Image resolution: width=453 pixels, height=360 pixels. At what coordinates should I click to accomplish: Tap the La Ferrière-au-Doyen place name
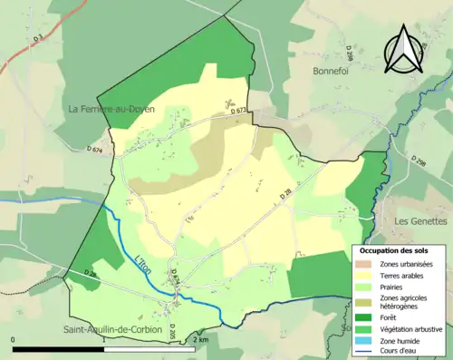(112, 109)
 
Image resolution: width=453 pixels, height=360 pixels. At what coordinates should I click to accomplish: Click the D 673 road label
(238, 110)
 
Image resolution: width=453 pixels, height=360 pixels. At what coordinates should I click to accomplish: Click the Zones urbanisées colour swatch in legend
(366, 263)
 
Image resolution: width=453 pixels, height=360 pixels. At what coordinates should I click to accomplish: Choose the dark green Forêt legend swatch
(366, 317)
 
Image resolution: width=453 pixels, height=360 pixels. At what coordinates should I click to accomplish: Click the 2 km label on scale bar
(201, 339)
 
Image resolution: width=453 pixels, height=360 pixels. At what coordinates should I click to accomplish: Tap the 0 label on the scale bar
(13, 339)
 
